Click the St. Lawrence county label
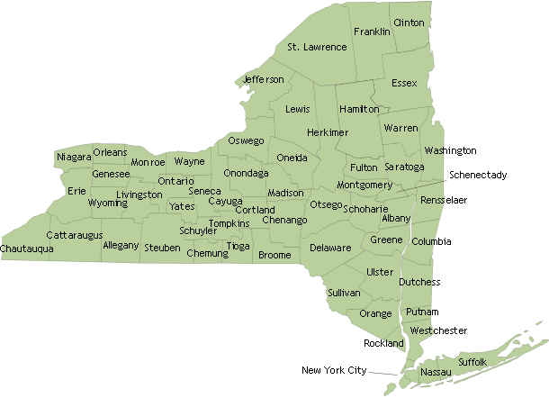pos(317,47)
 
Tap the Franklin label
pos(372,32)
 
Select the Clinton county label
pos(409,23)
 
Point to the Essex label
pos(405,83)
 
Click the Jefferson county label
pos(263,79)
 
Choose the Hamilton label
pos(359,109)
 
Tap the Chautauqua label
pos(27,248)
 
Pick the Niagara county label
pos(74,158)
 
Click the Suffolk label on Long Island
pos(472,361)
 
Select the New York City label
pos(334,370)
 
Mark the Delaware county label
pos(330,247)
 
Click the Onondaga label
pos(246,172)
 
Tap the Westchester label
pos(438,330)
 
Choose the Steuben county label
pos(162,247)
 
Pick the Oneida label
pos(292,158)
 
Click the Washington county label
pos(450,150)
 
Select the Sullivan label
pos(344,293)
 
